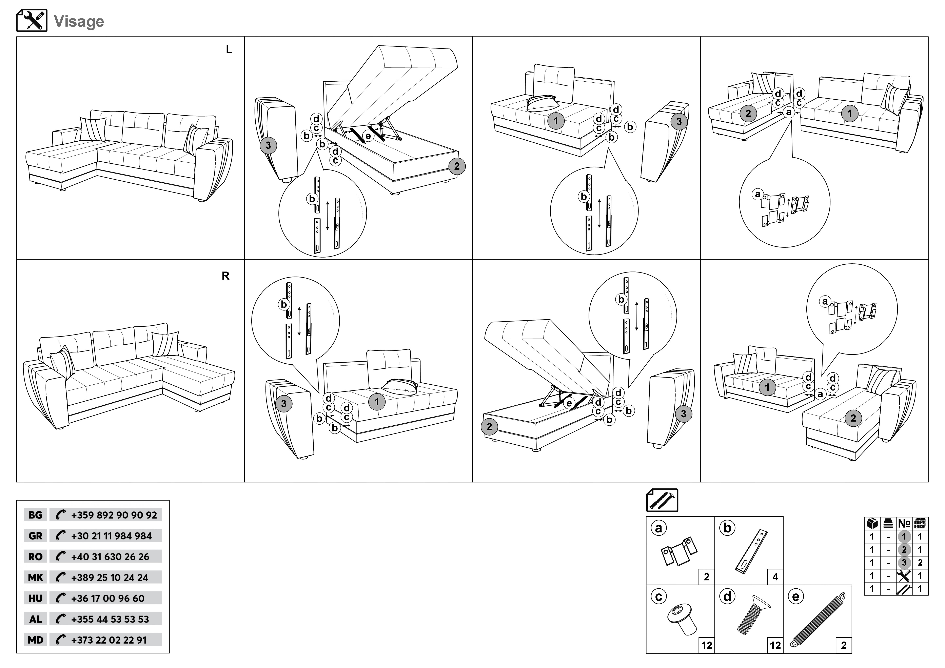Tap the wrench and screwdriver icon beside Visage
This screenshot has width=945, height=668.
pyautogui.click(x=32, y=21)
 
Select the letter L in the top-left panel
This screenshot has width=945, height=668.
pyautogui.click(x=229, y=50)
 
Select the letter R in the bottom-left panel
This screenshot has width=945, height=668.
pyautogui.click(x=225, y=276)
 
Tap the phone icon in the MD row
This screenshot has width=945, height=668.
pyautogui.click(x=60, y=640)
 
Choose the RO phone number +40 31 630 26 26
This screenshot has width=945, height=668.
pyautogui.click(x=110, y=557)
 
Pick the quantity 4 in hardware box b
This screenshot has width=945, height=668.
pyautogui.click(x=775, y=577)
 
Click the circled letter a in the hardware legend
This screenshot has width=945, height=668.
pyautogui.click(x=658, y=528)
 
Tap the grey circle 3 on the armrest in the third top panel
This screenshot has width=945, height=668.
pyautogui.click(x=679, y=121)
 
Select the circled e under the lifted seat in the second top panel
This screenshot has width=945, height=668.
pyautogui.click(x=368, y=136)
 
